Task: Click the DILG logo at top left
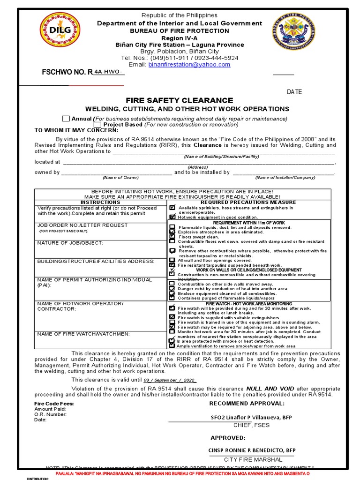click(x=60, y=31)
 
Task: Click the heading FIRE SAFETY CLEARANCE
click(x=179, y=100)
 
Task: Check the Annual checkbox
click(x=66, y=119)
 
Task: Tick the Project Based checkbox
click(x=97, y=125)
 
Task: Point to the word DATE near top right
click(x=294, y=92)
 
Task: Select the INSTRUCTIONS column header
click(x=101, y=202)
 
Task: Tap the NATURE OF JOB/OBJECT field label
click(x=70, y=242)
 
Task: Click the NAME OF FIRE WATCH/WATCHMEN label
click(x=84, y=334)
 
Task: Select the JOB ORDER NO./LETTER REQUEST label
click(x=82, y=225)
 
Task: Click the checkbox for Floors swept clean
click(x=172, y=237)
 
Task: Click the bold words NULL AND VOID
click(x=271, y=389)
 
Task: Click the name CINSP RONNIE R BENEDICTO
click(x=252, y=450)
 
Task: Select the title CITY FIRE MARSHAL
click(x=253, y=459)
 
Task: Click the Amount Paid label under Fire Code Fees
click(x=50, y=409)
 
